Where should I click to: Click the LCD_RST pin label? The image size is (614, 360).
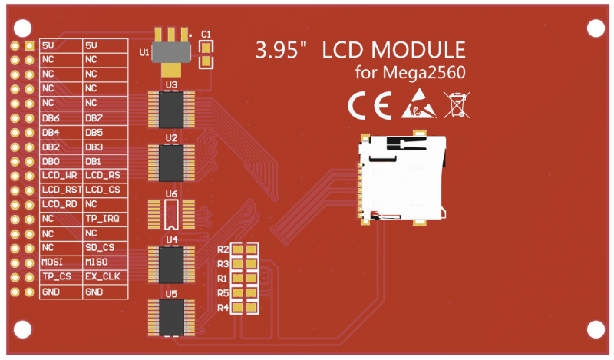coord(61,190)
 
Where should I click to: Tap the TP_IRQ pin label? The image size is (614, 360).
coord(101,219)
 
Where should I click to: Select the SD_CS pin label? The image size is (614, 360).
coord(100,247)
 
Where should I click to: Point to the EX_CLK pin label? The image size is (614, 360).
coord(102,276)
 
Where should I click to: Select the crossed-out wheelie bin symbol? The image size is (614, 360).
coord(457,104)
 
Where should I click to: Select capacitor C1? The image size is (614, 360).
coord(206,54)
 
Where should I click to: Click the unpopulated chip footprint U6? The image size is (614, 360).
coord(171,214)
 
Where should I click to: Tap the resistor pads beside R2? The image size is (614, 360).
coord(245,249)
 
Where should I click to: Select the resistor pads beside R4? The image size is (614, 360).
coord(245,307)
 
